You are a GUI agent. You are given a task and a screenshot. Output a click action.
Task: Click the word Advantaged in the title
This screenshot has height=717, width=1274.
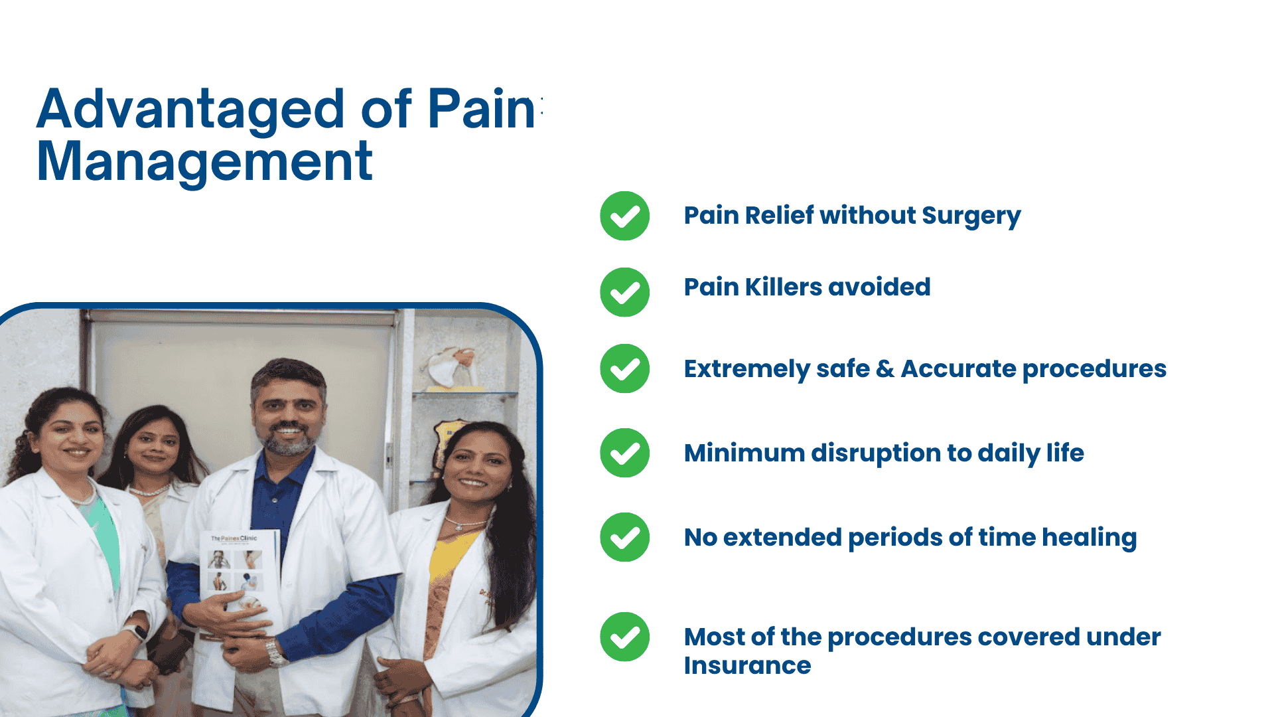[x=190, y=110]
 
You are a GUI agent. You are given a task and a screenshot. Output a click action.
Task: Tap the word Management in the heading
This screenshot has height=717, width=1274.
[x=204, y=163]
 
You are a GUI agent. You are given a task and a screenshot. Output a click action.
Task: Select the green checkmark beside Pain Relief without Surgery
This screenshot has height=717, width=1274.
[x=624, y=216]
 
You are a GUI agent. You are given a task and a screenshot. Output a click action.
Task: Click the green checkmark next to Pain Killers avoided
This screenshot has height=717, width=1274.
[x=624, y=292]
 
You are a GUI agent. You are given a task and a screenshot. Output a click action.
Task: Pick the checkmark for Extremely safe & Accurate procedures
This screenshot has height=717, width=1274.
[x=624, y=368]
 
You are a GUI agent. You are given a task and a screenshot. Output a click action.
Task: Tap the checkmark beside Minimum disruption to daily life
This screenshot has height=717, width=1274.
[x=624, y=453]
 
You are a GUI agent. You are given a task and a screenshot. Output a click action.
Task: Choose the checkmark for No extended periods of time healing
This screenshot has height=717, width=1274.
[x=624, y=537]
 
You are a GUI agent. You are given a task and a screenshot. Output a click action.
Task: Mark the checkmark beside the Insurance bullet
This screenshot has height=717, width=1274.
[x=624, y=637]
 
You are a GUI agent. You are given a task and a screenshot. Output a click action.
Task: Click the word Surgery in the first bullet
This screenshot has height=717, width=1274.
[x=971, y=217]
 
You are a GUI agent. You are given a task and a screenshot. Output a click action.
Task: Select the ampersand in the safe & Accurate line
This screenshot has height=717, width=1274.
[x=885, y=369]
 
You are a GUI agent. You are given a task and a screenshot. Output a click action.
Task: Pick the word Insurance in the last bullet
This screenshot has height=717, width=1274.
[x=747, y=665]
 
